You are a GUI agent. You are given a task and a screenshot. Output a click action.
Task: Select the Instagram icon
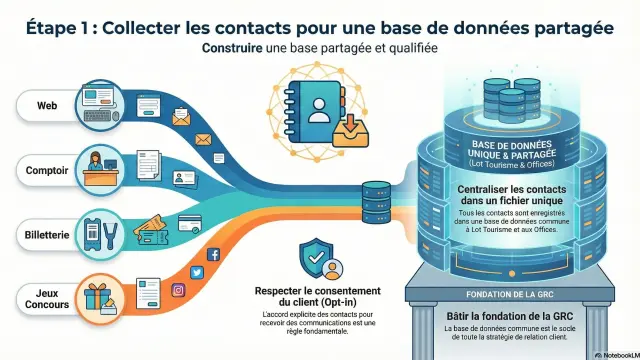[x=180, y=290]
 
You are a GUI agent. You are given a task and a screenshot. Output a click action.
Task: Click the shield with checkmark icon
[x=317, y=257]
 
